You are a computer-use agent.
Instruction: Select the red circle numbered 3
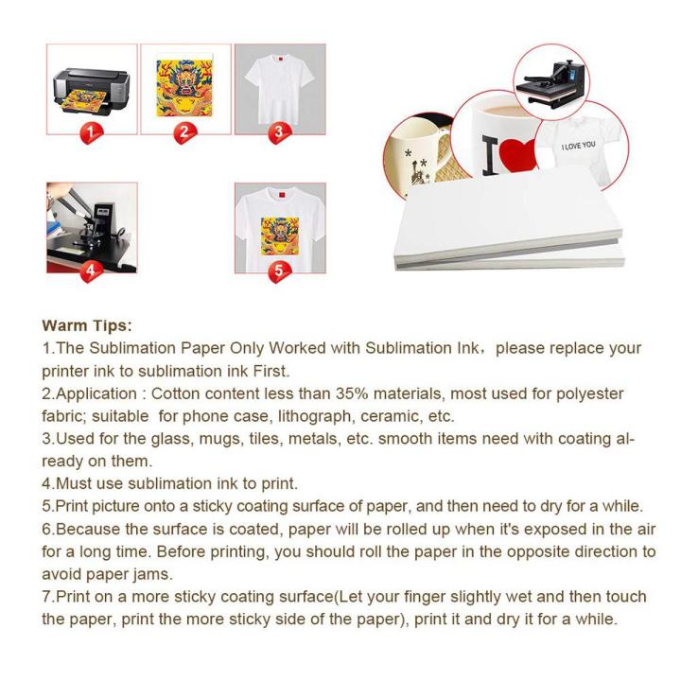(x=278, y=132)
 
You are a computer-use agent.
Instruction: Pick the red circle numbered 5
(x=277, y=271)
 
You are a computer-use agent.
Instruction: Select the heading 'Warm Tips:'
(x=88, y=326)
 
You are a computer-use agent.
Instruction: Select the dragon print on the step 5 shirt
(x=280, y=232)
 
